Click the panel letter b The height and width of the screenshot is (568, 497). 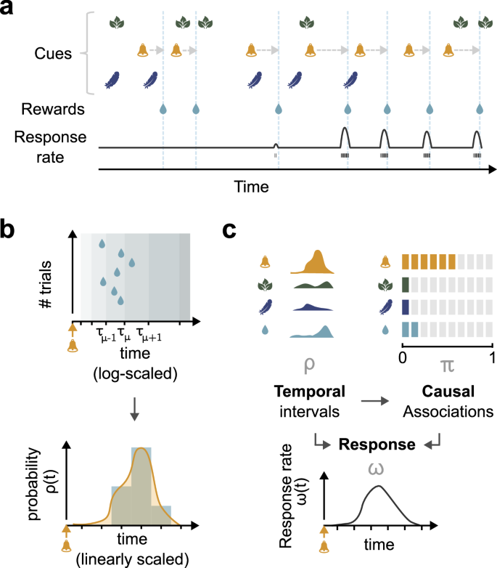click(10, 231)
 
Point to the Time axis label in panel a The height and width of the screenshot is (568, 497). click(251, 187)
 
